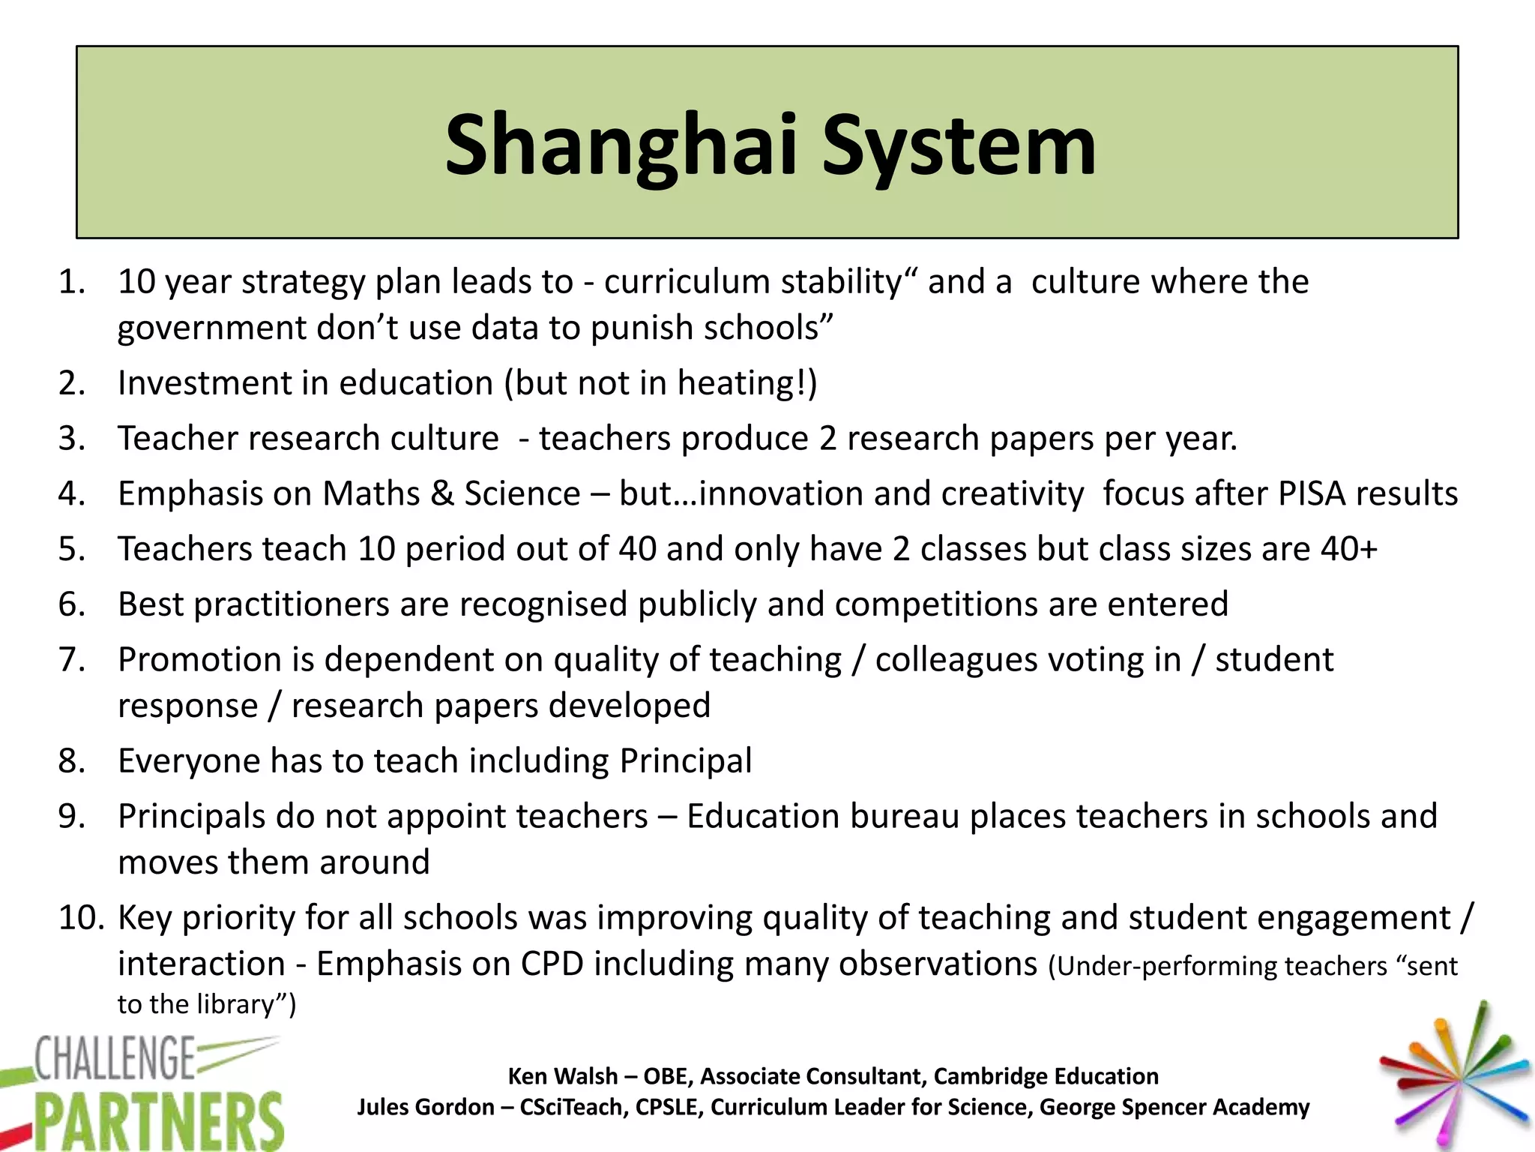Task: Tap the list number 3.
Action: [x=71, y=438]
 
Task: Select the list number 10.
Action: [x=81, y=917]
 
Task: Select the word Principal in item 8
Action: [x=685, y=761]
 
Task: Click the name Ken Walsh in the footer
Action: [x=562, y=1076]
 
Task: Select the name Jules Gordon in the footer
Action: [x=425, y=1107]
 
